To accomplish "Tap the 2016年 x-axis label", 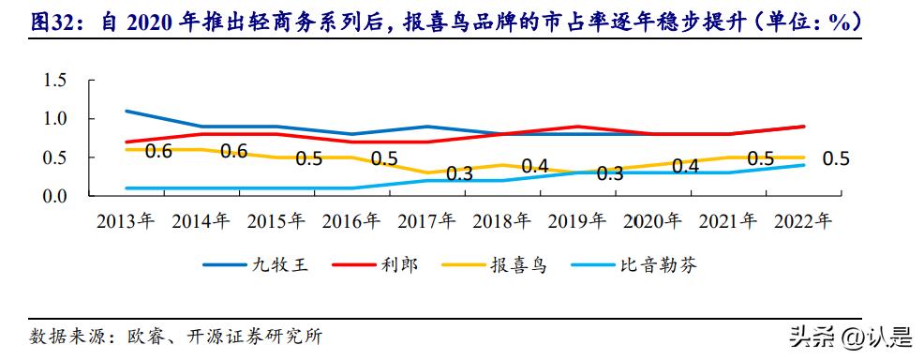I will (351, 222).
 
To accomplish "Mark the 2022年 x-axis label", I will (803, 222).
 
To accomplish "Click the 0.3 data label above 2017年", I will (459, 172).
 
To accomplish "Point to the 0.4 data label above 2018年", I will (534, 166).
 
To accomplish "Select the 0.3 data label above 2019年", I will (610, 173).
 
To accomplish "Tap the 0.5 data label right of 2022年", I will (836, 158).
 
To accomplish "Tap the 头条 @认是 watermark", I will (849, 336).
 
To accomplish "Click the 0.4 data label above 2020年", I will (685, 166).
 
